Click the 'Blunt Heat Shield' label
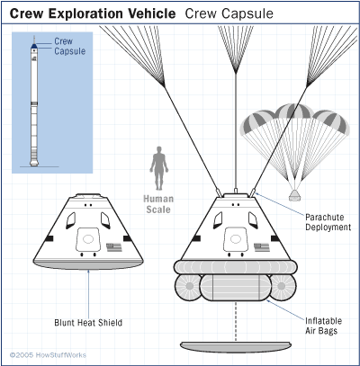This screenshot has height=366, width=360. (88, 323)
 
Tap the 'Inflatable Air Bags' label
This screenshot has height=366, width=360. (323, 326)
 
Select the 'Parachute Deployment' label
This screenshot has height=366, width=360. (328, 222)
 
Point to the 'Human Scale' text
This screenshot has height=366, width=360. (158, 204)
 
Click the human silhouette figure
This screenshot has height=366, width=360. (159, 168)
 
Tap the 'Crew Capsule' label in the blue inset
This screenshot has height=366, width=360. (70, 46)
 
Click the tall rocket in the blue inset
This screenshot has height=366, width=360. (34, 101)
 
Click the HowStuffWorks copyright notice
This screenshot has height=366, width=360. (48, 355)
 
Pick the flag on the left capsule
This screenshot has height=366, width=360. (114, 247)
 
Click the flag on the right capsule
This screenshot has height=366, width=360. (262, 247)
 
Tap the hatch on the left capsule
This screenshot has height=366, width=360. (88, 239)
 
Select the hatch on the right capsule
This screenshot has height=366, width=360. (236, 239)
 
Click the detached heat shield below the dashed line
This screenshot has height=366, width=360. (236, 346)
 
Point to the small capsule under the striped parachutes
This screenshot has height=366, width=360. (294, 195)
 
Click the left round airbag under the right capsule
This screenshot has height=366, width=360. (188, 287)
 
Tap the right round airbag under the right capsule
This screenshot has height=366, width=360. (283, 287)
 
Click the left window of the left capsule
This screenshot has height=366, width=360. (71, 220)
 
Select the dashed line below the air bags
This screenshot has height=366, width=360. (236, 321)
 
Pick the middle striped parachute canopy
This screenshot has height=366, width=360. (294, 112)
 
